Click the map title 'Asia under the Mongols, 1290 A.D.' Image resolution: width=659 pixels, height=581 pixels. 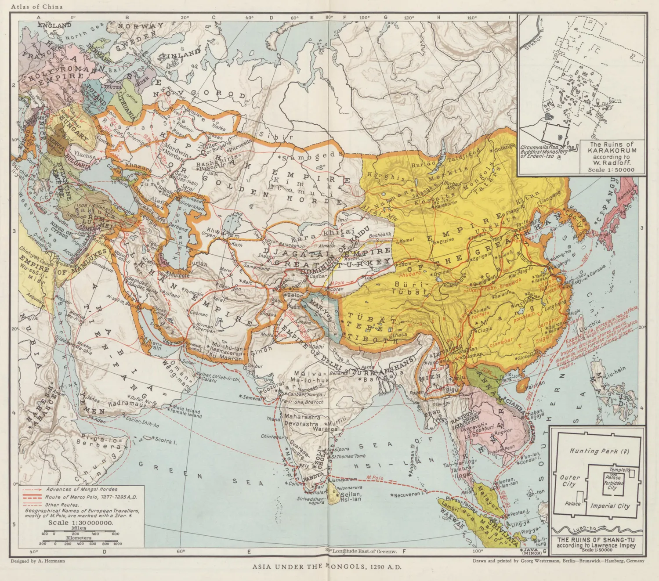[327, 567]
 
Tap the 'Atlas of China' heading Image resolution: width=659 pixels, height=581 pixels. [37, 7]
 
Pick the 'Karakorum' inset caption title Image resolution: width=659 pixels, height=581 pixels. [612, 150]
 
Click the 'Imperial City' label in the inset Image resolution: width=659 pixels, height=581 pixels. [610, 506]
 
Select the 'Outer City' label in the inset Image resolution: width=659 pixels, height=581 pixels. [570, 480]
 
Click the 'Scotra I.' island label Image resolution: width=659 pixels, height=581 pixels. [164, 440]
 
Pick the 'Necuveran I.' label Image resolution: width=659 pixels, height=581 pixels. [409, 494]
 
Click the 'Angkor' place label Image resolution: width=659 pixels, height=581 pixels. [503, 431]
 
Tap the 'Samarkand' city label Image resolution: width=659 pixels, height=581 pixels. [257, 268]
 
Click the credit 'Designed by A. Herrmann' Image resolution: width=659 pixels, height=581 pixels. [37, 561]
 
